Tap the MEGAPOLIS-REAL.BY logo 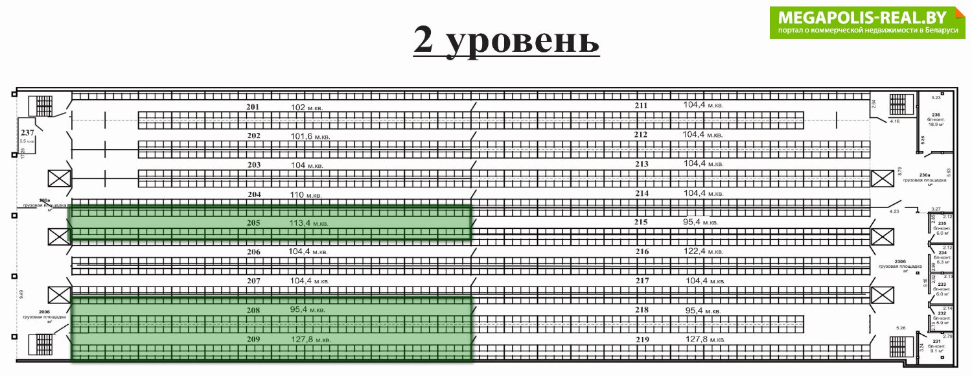tap(868, 22)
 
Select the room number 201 tap(253, 106)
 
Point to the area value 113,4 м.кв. tap(309, 223)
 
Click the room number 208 tap(253, 311)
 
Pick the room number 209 tap(253, 339)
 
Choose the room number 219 tap(642, 339)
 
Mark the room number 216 tap(642, 252)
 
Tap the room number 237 tap(27, 132)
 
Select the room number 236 tap(935, 115)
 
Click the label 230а tap(925, 175)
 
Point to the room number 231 tap(936, 341)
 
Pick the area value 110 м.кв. tap(306, 194)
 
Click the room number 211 tap(642, 106)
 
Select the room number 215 tap(642, 222)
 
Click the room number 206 tap(253, 252)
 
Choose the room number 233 tap(942, 285)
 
